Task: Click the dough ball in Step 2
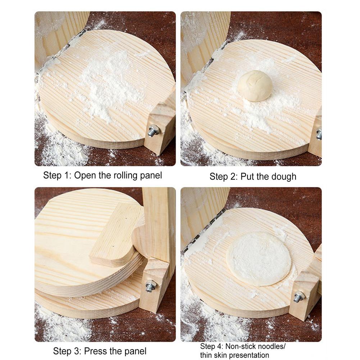point(255,86)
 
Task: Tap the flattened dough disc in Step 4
point(259,258)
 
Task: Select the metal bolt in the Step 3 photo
point(151,286)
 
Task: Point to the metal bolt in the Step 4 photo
point(299,297)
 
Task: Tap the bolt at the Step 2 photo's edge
point(319,134)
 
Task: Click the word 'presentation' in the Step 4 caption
point(249,355)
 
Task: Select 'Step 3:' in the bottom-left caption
point(66,351)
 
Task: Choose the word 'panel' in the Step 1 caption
point(151,176)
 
